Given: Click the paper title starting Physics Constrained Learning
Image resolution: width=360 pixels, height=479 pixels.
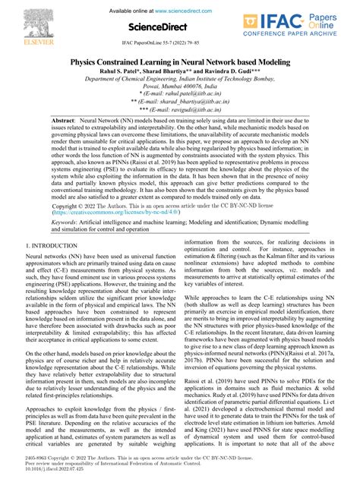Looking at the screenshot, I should [x=180, y=61].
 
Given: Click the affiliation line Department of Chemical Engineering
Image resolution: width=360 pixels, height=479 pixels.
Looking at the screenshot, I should [x=180, y=77].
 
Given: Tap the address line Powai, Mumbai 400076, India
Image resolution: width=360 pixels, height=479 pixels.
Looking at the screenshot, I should [x=180, y=85].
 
